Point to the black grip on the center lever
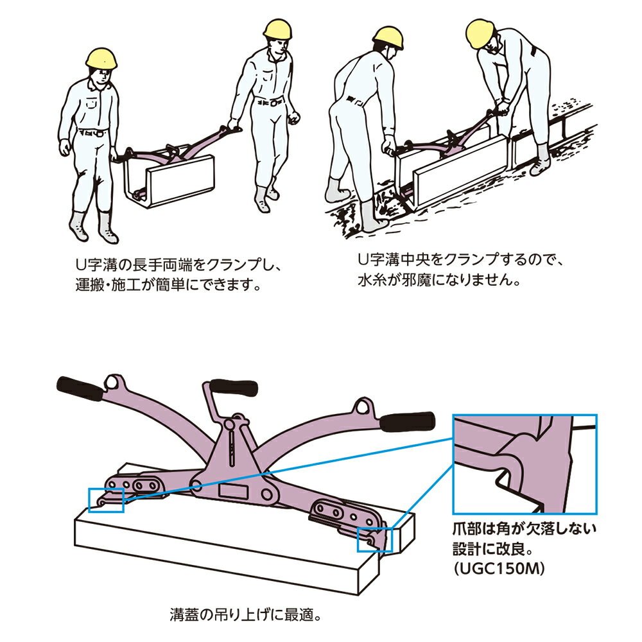(234, 388)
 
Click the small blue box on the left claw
(106, 499)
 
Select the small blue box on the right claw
(373, 541)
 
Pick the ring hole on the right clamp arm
(362, 406)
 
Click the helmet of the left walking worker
(103, 58)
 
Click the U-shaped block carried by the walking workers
(168, 177)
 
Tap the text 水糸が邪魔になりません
(437, 281)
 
